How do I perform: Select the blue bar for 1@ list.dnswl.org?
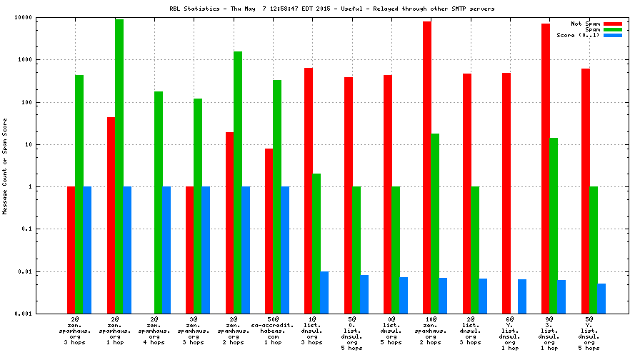(x=324, y=292)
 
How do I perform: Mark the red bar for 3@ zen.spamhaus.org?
(x=190, y=250)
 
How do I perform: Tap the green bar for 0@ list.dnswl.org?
(x=396, y=250)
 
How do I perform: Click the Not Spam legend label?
(x=585, y=24)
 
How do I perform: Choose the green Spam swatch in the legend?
(x=612, y=29)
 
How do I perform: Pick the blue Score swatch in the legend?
(x=612, y=35)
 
